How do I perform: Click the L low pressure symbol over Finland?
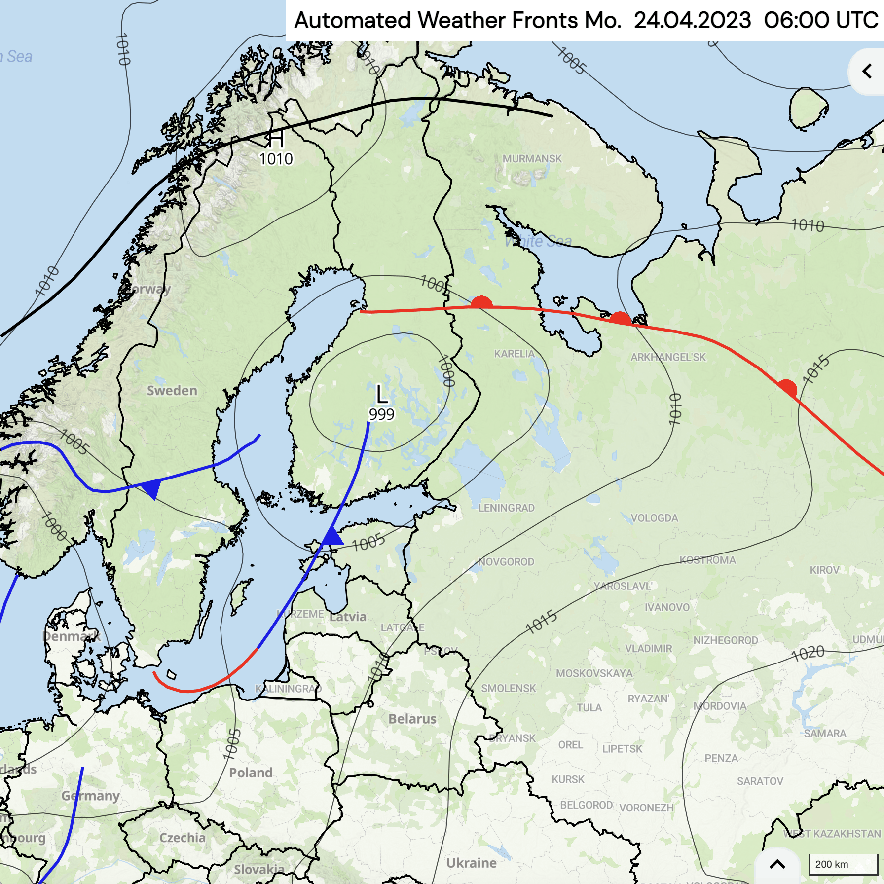pyautogui.click(x=381, y=395)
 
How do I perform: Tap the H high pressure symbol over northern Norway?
pyautogui.click(x=276, y=139)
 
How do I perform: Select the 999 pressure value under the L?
pyautogui.click(x=381, y=414)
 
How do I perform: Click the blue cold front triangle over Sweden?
pyautogui.click(x=152, y=488)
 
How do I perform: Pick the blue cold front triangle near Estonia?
pyautogui.click(x=332, y=537)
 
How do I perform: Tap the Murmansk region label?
pyautogui.click(x=532, y=159)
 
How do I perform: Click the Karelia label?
pyautogui.click(x=514, y=354)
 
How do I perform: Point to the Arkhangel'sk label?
pyautogui.click(x=668, y=357)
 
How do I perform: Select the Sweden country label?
pyautogui.click(x=172, y=391)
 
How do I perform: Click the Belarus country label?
pyautogui.click(x=412, y=719)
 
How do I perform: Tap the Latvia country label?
pyautogui.click(x=348, y=617)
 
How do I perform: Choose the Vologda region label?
pyautogui.click(x=654, y=518)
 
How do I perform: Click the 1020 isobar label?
pyautogui.click(x=808, y=654)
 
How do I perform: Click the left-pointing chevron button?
pyautogui.click(x=867, y=72)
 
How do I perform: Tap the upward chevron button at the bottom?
pyautogui.click(x=777, y=864)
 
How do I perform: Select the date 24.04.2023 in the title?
pyautogui.click(x=692, y=21)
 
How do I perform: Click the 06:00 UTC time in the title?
pyautogui.click(x=821, y=21)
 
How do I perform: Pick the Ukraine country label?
pyautogui.click(x=471, y=863)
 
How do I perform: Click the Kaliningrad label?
pyautogui.click(x=288, y=689)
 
